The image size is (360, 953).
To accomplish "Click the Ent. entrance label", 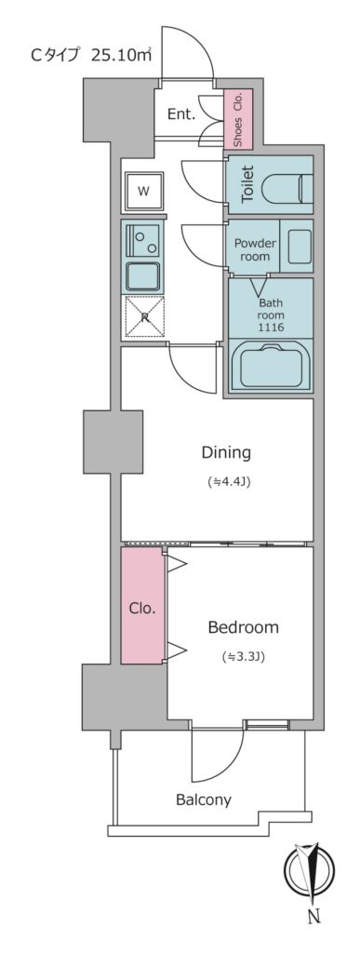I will click(x=180, y=114).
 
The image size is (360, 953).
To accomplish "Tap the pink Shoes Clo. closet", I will click(x=237, y=119).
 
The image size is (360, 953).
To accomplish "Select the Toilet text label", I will click(x=247, y=184).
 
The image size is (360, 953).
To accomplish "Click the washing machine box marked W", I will click(x=143, y=191).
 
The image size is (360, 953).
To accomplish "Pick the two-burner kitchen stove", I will click(x=144, y=243).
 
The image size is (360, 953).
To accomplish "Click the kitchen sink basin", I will click(x=144, y=276).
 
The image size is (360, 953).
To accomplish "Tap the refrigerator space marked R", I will click(x=144, y=316).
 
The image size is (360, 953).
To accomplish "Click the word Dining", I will click(x=227, y=453).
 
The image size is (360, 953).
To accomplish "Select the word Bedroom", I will click(x=243, y=627).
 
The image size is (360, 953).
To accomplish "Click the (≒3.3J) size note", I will click(x=243, y=657).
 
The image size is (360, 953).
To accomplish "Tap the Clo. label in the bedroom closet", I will click(x=142, y=609).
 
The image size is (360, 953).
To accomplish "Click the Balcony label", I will click(x=204, y=799).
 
